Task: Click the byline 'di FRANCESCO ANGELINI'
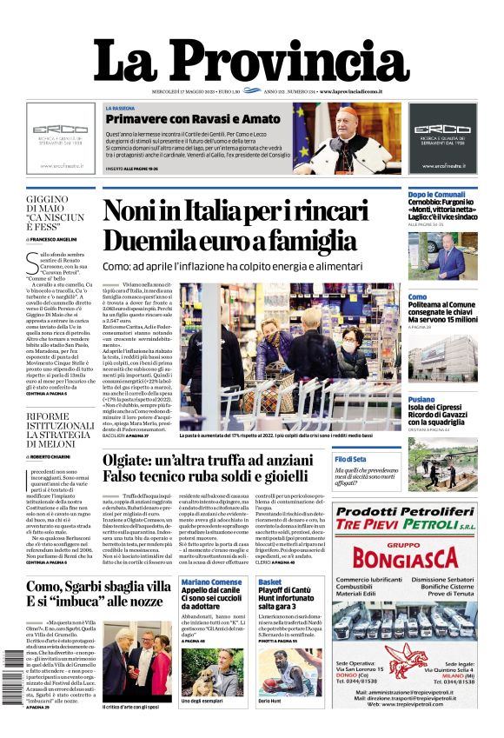pos(53,238)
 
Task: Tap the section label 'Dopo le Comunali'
pos(438,194)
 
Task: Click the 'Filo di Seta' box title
pos(351,458)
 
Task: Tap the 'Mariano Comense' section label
pos(212,582)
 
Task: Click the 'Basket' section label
pos(270,582)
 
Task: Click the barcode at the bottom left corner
pos(13,678)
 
